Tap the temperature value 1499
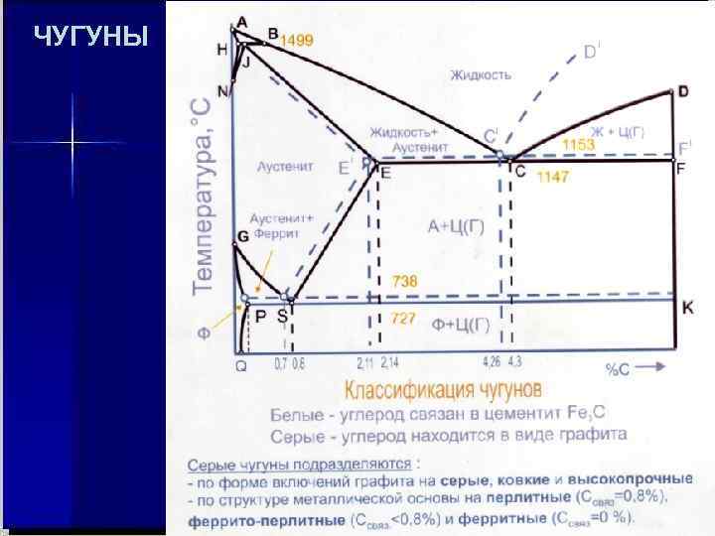[298, 41]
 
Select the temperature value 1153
[578, 145]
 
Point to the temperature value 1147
[553, 178]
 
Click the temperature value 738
[404, 282]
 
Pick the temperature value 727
[404, 319]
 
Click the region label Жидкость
[480, 74]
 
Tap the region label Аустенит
[285, 166]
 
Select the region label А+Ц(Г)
[457, 227]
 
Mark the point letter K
[688, 309]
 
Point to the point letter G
[242, 236]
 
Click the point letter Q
[240, 364]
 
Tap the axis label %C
[619, 369]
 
